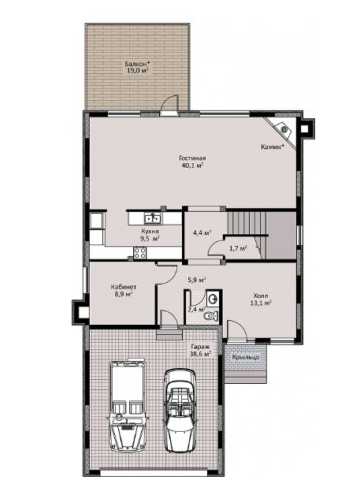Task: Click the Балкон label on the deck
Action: click(x=135, y=64)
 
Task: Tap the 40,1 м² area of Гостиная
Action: click(x=192, y=166)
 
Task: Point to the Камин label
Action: click(x=273, y=147)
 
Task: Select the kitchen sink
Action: click(x=153, y=218)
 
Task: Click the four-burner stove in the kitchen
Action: click(x=139, y=252)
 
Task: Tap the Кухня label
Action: click(x=150, y=231)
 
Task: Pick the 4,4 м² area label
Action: click(x=202, y=232)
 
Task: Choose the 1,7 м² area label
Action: click(x=238, y=248)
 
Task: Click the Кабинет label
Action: click(x=124, y=287)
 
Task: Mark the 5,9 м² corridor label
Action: click(x=196, y=279)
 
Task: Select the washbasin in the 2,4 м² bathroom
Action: click(x=213, y=298)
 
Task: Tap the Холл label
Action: click(x=261, y=296)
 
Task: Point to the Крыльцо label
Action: click(x=246, y=357)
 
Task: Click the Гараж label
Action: click(x=200, y=347)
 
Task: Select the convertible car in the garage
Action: click(x=179, y=410)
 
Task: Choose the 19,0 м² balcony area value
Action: click(x=137, y=70)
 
